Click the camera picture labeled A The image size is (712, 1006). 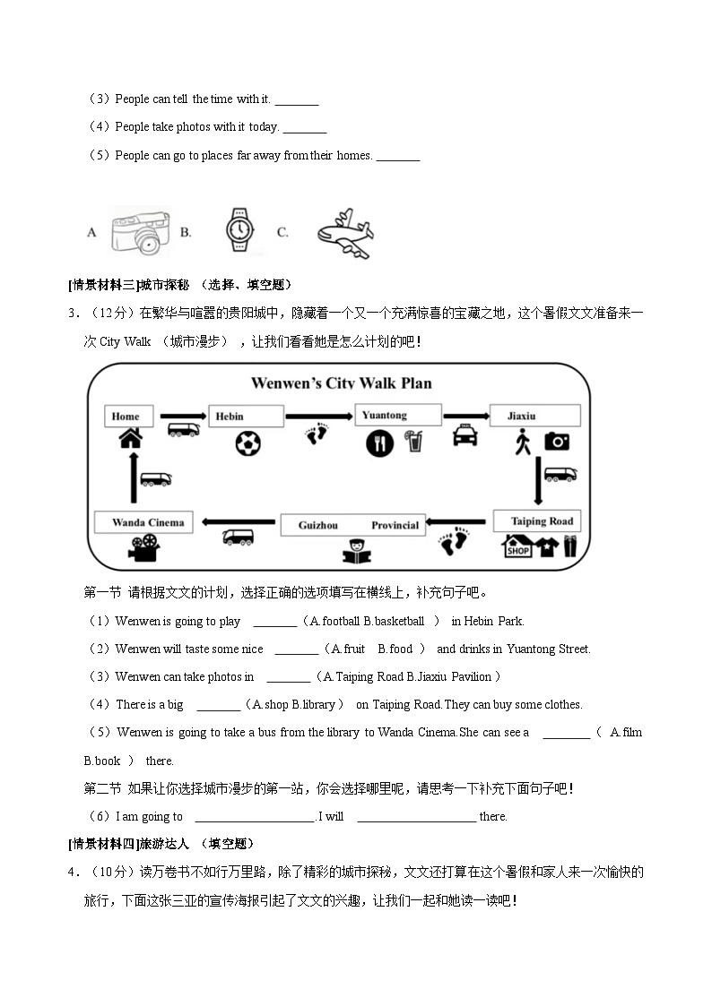click(139, 232)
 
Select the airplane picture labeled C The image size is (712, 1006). click(344, 234)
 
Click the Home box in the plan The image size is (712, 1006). click(126, 416)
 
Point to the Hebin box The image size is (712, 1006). click(246, 416)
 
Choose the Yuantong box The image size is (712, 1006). click(398, 415)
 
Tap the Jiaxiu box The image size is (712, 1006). click(534, 416)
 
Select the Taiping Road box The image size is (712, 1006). click(536, 521)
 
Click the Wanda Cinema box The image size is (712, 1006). click(143, 522)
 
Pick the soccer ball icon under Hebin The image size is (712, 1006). click(247, 443)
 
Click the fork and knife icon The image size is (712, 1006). click(379, 443)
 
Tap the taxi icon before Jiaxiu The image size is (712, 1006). click(465, 435)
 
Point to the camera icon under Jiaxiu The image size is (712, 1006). click(557, 441)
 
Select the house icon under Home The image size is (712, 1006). click(131, 438)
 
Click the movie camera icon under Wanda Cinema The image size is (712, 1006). click(143, 547)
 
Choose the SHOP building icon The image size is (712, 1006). click(517, 546)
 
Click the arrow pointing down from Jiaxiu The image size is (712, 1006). click(539, 481)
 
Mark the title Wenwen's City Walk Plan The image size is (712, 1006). click(341, 383)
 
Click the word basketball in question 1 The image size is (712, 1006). click(399, 621)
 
